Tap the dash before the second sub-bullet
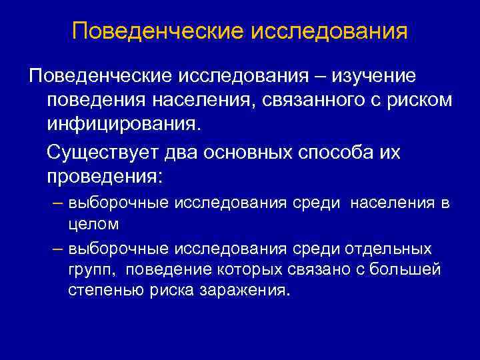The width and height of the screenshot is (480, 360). [58, 249]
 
